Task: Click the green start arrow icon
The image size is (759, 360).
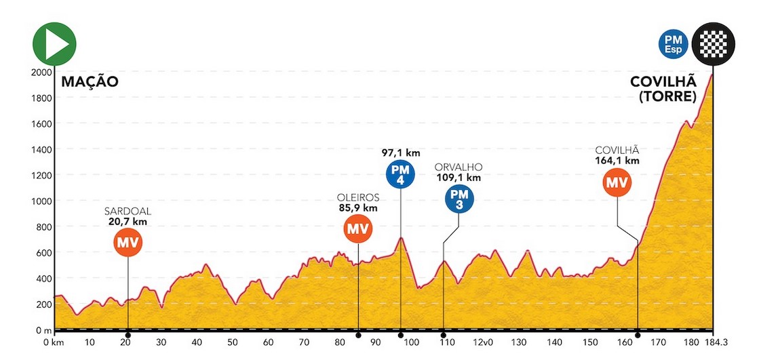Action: pyautogui.click(x=55, y=43)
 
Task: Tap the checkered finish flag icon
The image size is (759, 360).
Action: pyautogui.click(x=714, y=44)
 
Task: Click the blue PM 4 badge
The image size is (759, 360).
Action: pyautogui.click(x=400, y=174)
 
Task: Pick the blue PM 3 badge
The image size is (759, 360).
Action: pyautogui.click(x=459, y=199)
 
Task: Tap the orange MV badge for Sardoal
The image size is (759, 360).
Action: pyautogui.click(x=128, y=241)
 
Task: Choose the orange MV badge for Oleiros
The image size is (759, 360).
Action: pyautogui.click(x=357, y=228)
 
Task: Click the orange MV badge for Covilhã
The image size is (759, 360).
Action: pyautogui.click(x=617, y=182)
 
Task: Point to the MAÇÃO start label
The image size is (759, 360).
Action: pyautogui.click(x=90, y=82)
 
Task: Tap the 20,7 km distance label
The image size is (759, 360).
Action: pyautogui.click(x=128, y=221)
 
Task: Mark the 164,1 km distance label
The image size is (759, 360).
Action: pyautogui.click(x=617, y=161)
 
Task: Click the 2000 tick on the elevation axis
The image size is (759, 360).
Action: pyautogui.click(x=42, y=73)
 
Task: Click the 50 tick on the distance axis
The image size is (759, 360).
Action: pyautogui.click(x=233, y=343)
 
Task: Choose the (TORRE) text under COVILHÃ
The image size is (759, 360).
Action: pyautogui.click(x=667, y=97)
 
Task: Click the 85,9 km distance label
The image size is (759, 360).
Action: pyautogui.click(x=357, y=208)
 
